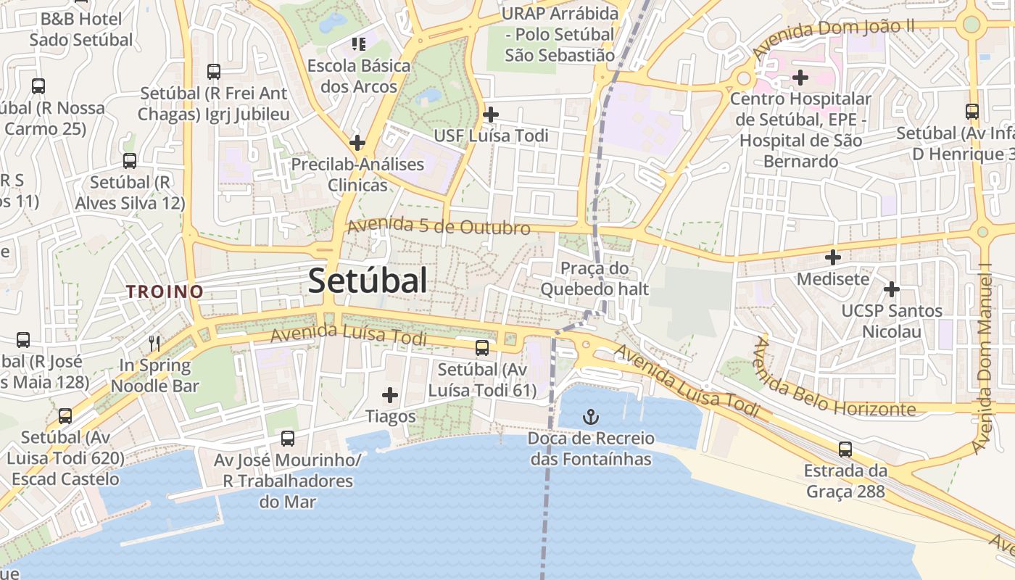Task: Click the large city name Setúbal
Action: pos(368,281)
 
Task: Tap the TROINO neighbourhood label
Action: pos(165,291)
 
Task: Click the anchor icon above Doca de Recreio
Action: pos(591,417)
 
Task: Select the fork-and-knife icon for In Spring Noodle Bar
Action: pos(154,343)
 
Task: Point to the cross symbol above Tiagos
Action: pos(390,395)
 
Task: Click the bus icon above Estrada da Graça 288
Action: pos(845,449)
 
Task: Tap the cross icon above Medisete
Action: pos(833,257)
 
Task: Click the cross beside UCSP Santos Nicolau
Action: pos(891,289)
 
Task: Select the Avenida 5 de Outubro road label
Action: pos(439,226)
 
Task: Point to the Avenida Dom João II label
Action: pos(833,38)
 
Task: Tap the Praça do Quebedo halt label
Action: pos(595,279)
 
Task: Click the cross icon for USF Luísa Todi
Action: pos(491,114)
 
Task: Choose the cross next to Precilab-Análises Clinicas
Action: pos(357,142)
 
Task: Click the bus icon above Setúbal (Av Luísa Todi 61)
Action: pos(482,348)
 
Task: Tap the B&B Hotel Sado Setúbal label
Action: pos(81,29)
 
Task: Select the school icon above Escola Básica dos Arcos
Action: pos(358,44)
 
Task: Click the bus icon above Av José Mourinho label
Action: pos(288,438)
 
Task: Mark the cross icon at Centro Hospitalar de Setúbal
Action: pos(800,76)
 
